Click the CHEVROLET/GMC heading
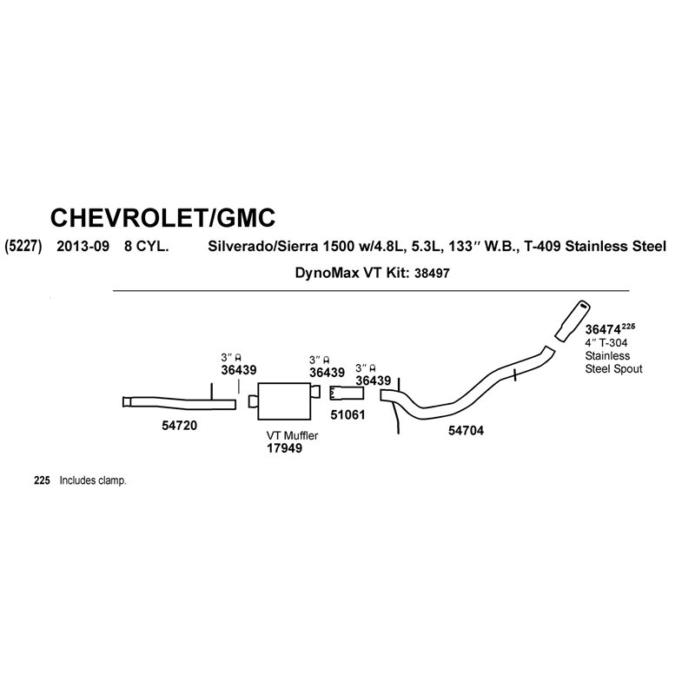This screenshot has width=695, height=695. point(162,218)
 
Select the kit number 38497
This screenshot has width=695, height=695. point(432,273)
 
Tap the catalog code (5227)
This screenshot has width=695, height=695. point(23,246)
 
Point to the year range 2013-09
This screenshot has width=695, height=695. point(83,246)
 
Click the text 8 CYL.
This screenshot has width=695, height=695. point(146,246)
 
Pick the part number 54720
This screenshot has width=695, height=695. point(179,426)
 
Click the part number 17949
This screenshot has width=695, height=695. point(284,448)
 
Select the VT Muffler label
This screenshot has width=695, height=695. point(292,436)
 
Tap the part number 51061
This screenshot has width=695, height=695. point(348,415)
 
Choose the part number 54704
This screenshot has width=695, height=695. point(466,430)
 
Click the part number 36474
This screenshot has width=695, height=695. point(602,330)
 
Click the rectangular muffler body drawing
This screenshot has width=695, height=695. point(284,401)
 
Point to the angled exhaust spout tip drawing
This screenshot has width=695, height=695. point(572,321)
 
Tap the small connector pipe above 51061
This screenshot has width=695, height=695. point(347,394)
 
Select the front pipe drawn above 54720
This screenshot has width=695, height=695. point(179,401)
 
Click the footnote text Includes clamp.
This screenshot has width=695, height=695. point(93,480)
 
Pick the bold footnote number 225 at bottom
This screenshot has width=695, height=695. point(42,480)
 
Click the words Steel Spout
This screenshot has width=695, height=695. point(613,368)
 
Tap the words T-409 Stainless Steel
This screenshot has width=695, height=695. point(595,246)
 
